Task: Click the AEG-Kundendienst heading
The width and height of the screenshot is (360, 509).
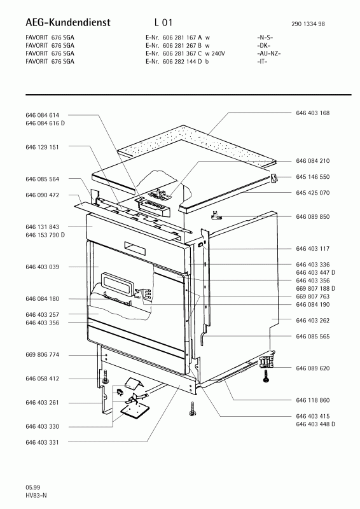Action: (68, 22)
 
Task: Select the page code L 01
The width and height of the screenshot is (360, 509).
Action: (163, 22)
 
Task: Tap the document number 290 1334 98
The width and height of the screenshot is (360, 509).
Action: (308, 24)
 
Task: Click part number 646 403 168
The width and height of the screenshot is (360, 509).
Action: (312, 113)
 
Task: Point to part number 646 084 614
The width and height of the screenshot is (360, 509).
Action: (42, 115)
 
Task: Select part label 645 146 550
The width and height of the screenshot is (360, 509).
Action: (312, 177)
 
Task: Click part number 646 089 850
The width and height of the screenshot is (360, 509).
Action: (312, 217)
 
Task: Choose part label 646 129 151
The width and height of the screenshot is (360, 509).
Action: (42, 148)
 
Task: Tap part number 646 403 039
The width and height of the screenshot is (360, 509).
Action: (42, 267)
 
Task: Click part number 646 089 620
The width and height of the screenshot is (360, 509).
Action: (312, 368)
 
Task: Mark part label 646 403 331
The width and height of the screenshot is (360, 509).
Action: (42, 442)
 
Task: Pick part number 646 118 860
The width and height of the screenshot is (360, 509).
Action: (312, 400)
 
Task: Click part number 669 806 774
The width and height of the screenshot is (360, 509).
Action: (42, 355)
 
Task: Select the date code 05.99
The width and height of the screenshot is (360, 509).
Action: (33, 487)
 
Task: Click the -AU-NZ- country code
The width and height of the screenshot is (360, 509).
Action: (269, 53)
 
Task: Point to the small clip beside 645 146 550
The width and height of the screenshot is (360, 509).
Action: (274, 178)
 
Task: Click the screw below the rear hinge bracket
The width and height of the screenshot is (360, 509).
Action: (266, 377)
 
